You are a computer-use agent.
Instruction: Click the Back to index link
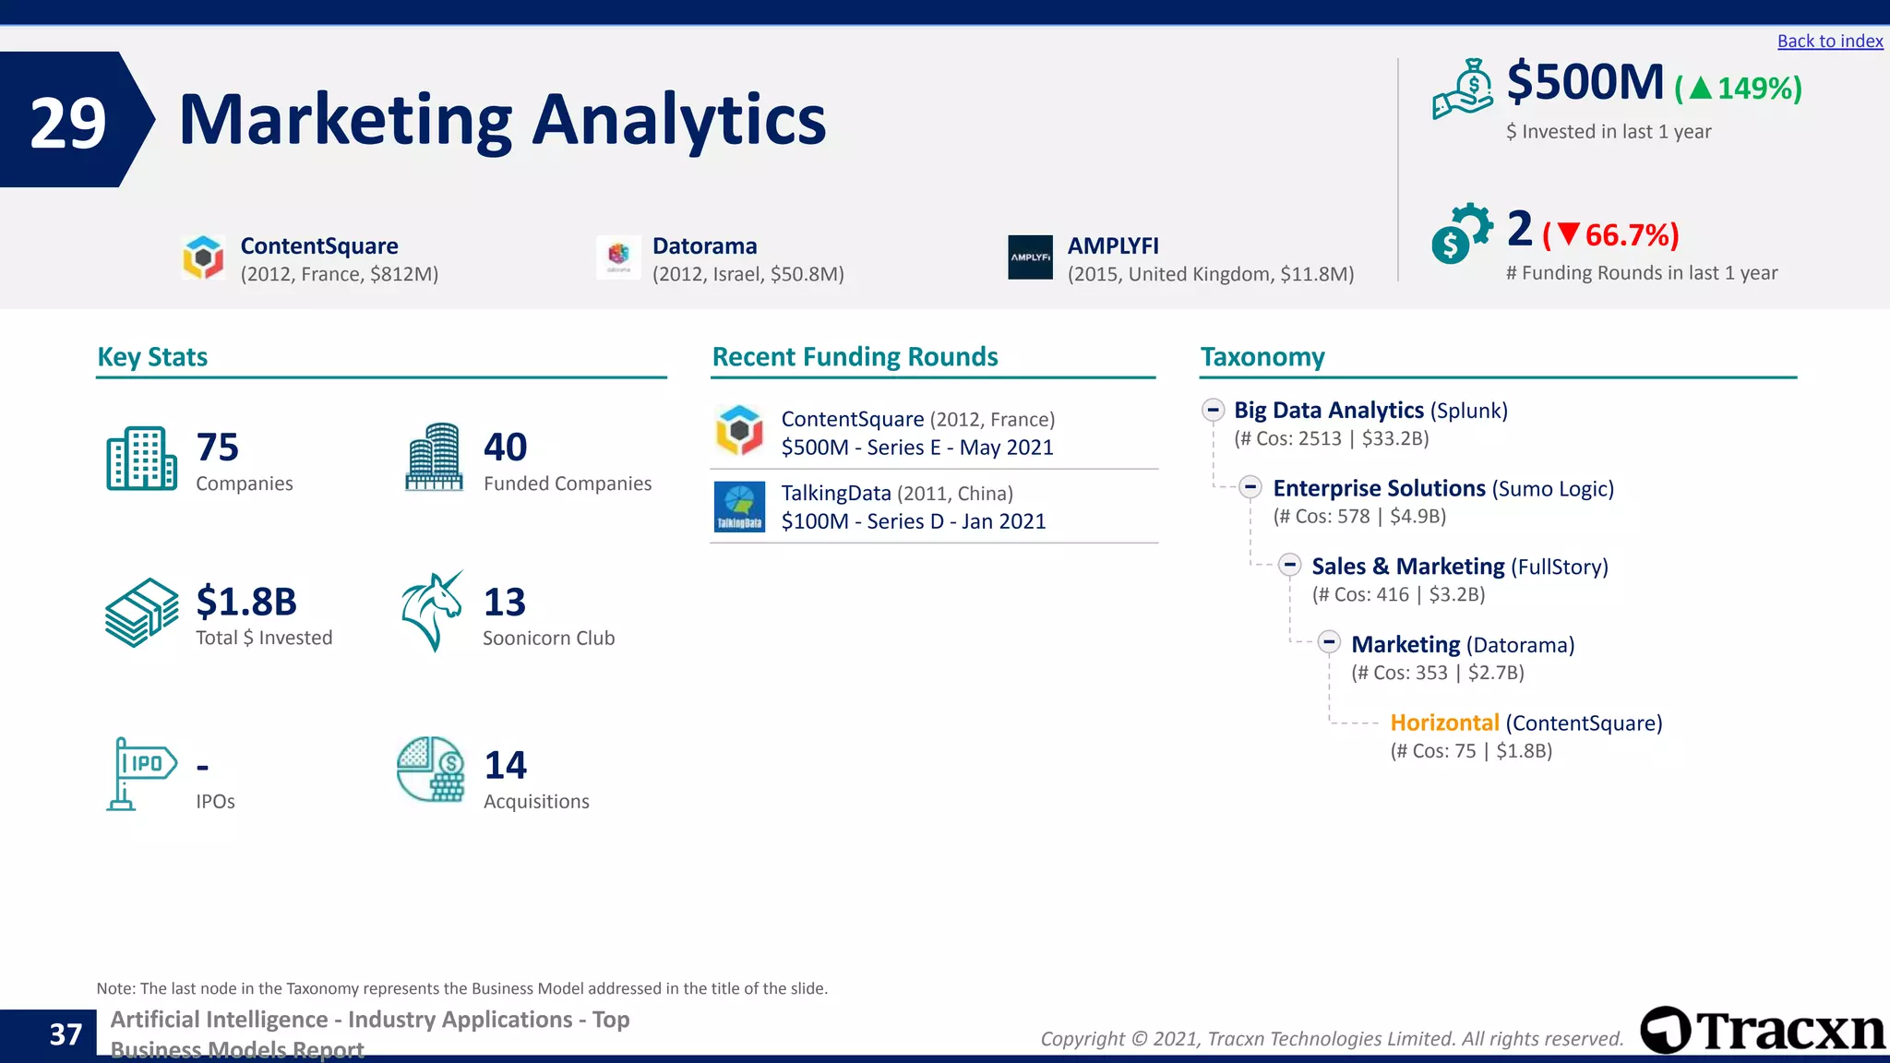click(x=1829, y=42)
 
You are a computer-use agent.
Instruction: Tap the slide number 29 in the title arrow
click(x=67, y=123)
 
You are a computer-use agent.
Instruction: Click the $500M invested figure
click(x=1585, y=82)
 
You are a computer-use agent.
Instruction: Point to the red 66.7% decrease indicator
click(x=1611, y=235)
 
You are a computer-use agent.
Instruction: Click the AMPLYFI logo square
click(x=1030, y=257)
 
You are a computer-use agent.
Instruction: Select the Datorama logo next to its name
click(x=618, y=257)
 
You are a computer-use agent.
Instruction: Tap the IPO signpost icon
click(x=140, y=773)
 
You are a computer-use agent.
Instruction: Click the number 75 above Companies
click(x=218, y=448)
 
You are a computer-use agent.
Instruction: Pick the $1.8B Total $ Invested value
click(x=246, y=602)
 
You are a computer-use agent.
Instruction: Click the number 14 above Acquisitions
click(x=506, y=765)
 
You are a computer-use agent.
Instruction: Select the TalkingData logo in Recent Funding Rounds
click(x=739, y=507)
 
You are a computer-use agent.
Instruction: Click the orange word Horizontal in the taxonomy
click(x=1444, y=723)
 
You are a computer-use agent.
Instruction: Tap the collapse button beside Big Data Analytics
click(x=1214, y=410)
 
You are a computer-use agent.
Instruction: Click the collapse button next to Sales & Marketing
click(x=1290, y=566)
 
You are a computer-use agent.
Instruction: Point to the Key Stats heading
click(x=152, y=357)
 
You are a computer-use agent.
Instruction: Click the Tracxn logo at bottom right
click(x=1762, y=1031)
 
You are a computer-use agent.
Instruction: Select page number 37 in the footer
click(x=66, y=1034)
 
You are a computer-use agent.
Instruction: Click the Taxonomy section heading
click(x=1262, y=357)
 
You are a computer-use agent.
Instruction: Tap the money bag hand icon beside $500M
click(x=1463, y=90)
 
